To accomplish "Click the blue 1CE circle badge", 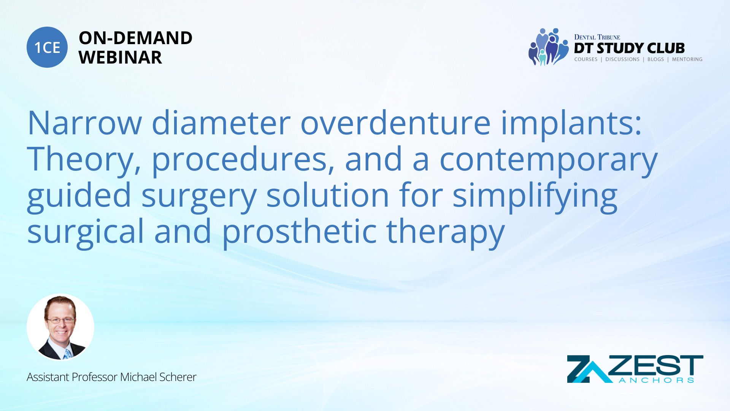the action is coord(47,47).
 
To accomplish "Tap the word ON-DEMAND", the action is coord(135,38).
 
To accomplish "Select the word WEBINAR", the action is coord(120,57).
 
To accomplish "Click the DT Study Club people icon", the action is coord(548,47).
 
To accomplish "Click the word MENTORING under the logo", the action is coord(687,59).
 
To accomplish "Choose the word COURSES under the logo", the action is coord(586,59).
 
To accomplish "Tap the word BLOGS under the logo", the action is coord(655,59).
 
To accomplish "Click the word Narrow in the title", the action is coord(84,123).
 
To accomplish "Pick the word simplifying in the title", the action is coord(535,196).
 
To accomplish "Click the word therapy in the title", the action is coord(445,232).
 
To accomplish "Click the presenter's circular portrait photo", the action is coord(60,327).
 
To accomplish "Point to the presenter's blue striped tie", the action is coord(67,354).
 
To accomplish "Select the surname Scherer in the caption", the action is coord(178,377).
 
